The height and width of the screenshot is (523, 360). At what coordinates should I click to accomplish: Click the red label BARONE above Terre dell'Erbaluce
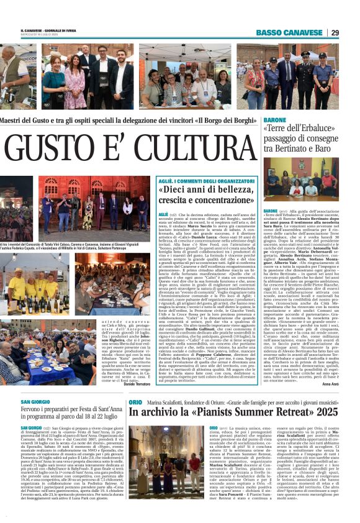(x=274, y=118)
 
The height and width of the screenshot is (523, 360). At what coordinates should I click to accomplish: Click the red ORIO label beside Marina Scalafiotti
(x=135, y=402)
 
